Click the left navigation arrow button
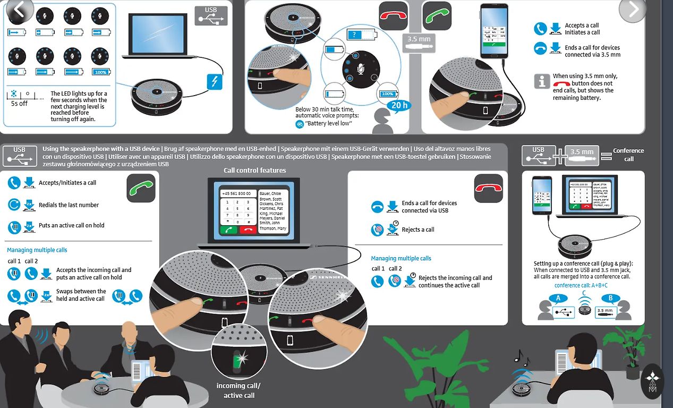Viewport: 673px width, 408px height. (x=20, y=10)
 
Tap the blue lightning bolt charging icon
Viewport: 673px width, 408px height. (x=214, y=82)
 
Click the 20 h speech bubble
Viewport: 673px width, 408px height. (x=399, y=105)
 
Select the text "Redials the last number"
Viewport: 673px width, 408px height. (x=69, y=205)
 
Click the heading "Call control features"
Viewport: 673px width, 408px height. (x=255, y=171)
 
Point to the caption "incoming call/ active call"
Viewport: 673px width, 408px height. (x=238, y=390)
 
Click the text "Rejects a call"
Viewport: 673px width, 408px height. (x=418, y=229)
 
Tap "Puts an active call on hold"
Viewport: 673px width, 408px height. (x=71, y=225)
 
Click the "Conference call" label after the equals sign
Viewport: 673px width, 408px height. (x=628, y=155)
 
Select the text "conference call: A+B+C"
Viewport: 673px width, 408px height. (x=581, y=285)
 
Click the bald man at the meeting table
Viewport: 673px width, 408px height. (x=129, y=340)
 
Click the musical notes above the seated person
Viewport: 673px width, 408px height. (x=522, y=359)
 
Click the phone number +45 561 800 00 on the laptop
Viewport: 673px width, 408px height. (x=236, y=193)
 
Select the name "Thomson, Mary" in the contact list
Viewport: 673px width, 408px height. (x=272, y=228)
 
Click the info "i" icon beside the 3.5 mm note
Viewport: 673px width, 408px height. (x=541, y=81)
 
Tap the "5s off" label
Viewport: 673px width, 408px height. (x=19, y=104)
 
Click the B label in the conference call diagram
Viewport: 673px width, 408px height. (x=611, y=299)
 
